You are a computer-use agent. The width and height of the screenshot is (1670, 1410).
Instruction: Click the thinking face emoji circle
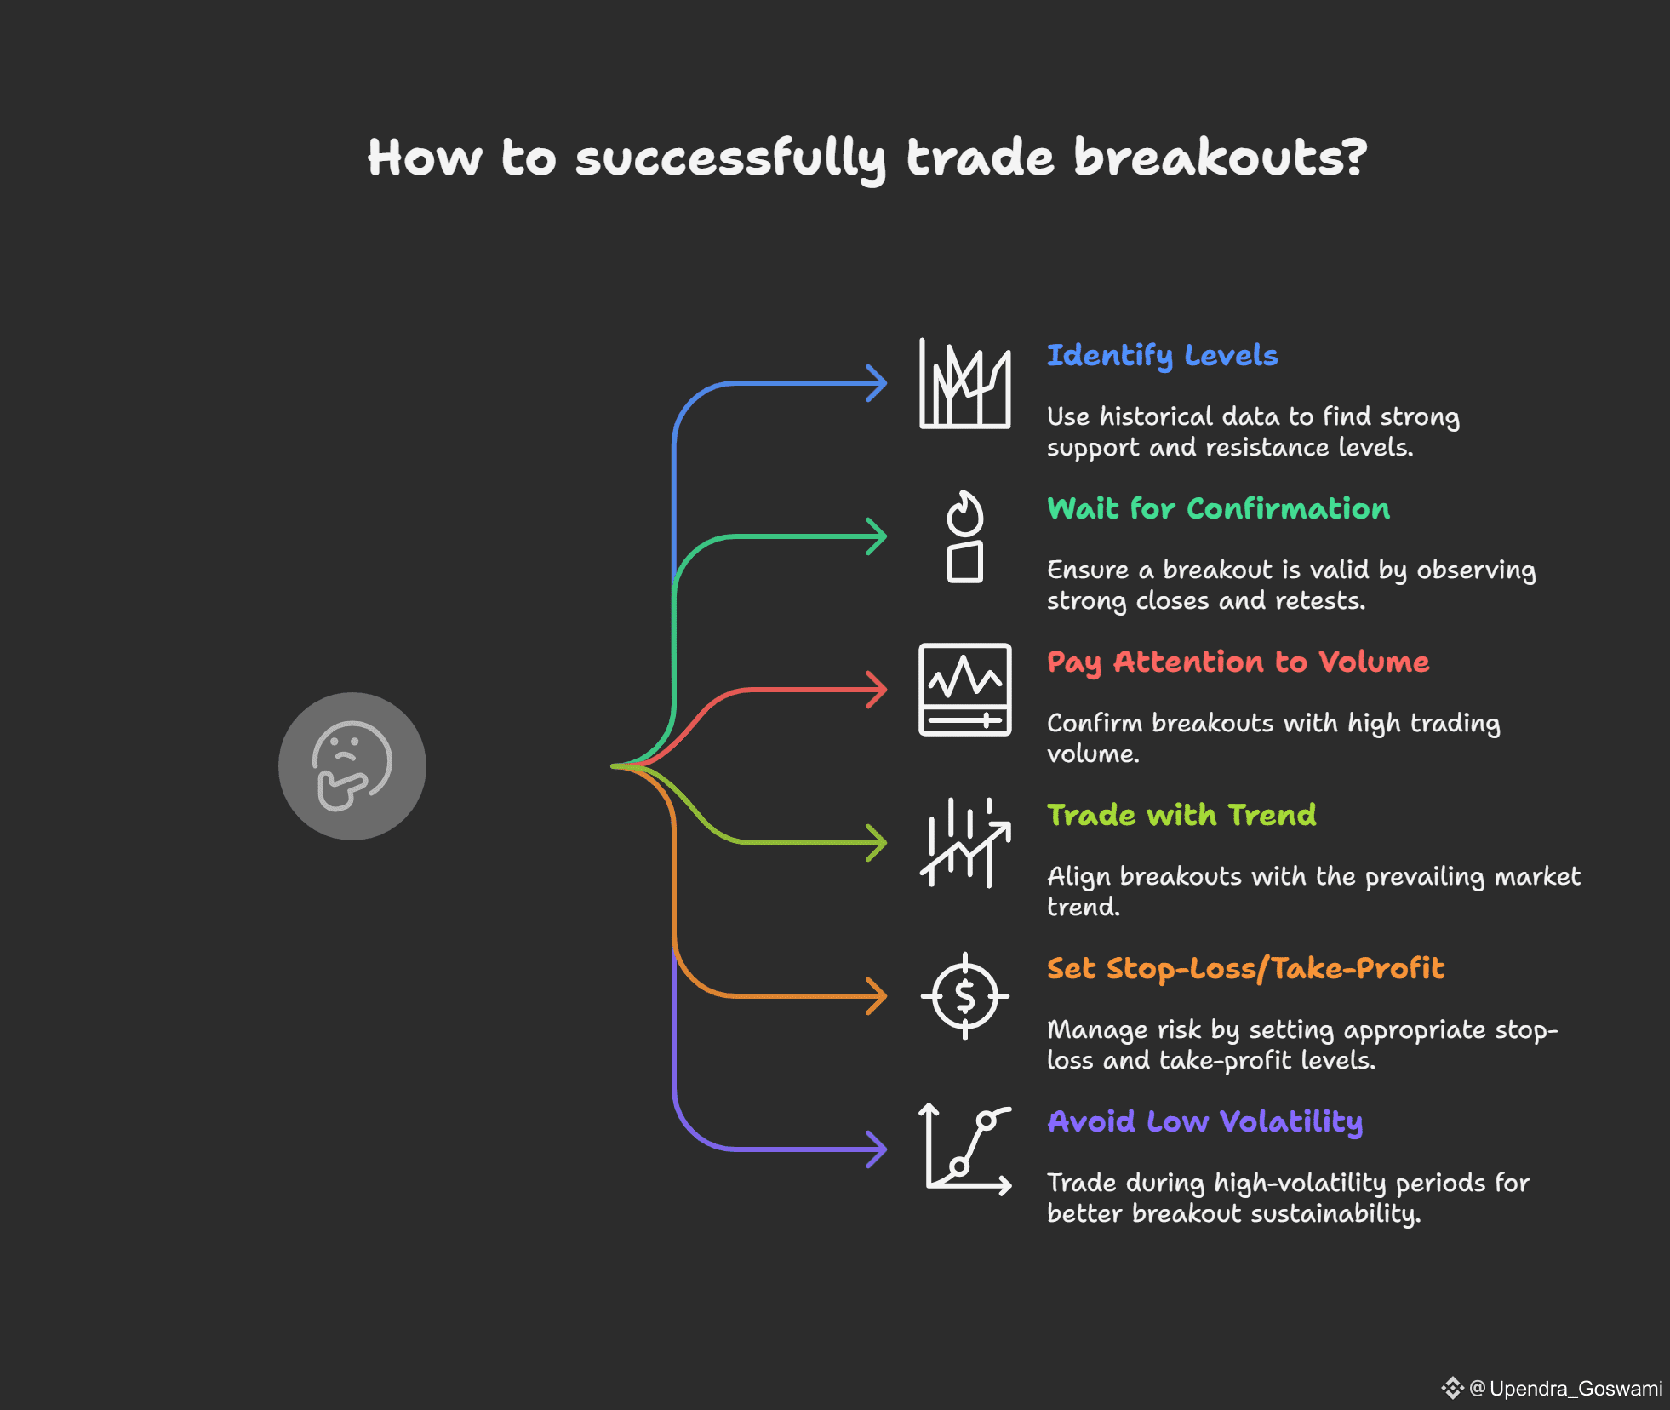click(352, 766)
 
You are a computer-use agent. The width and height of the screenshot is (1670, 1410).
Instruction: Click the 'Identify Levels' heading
click(1162, 356)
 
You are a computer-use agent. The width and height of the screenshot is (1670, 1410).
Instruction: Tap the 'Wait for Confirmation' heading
click(1218, 508)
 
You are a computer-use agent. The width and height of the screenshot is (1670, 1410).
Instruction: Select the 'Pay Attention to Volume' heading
click(1238, 662)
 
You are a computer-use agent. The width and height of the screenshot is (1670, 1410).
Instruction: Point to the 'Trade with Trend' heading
click(1181, 815)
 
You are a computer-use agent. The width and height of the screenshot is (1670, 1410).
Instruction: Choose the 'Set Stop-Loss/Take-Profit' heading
click(1245, 969)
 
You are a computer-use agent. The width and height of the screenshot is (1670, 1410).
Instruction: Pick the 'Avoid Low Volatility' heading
click(1204, 1122)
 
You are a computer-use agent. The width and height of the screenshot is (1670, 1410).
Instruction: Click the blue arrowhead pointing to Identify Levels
click(876, 383)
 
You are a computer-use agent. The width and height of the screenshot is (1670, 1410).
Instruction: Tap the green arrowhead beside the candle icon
click(876, 536)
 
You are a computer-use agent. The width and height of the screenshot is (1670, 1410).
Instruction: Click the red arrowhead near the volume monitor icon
click(876, 690)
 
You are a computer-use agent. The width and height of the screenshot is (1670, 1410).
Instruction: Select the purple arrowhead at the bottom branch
click(876, 1149)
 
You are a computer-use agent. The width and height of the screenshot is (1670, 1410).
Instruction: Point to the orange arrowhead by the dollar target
click(876, 996)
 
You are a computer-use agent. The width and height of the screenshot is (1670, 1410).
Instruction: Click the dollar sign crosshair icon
click(965, 996)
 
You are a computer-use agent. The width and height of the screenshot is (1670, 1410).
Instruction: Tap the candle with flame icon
click(965, 536)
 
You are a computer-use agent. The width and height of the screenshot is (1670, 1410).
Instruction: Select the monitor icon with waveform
click(965, 690)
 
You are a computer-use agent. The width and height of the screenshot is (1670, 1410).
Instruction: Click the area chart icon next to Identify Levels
click(965, 383)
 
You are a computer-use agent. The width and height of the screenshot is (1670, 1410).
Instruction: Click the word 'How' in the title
click(425, 158)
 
